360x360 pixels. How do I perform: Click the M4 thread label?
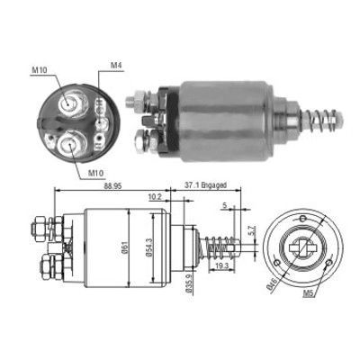click(x=116, y=66)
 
